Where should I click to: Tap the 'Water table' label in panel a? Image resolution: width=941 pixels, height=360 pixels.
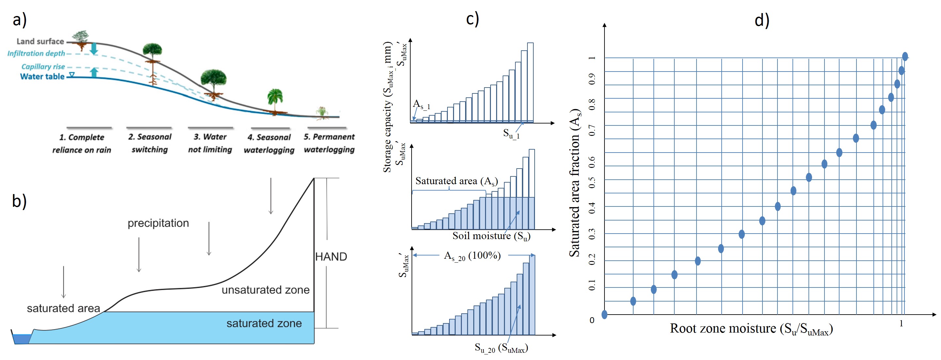coord(42,76)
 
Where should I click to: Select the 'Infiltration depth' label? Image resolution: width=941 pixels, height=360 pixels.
coord(36,53)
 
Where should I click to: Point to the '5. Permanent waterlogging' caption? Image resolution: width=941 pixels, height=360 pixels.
coord(329,143)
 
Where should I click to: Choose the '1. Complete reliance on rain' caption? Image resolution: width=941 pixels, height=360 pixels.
coord(82,143)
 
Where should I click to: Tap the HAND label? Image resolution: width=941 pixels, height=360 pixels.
coord(331,256)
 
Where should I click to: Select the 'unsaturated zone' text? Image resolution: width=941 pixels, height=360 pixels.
coord(265,290)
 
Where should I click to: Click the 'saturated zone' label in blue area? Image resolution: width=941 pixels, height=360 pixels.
coord(264,323)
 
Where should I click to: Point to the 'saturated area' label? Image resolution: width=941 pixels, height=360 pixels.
coord(63,308)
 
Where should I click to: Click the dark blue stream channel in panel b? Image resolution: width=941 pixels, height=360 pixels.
coord(21,339)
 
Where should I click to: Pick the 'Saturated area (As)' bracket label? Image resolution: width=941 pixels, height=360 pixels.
coord(456,181)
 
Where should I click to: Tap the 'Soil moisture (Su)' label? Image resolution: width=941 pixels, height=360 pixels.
coord(491,236)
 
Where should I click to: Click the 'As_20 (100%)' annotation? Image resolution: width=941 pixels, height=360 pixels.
coord(472,256)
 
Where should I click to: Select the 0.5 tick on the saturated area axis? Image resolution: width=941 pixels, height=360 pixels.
coord(592,182)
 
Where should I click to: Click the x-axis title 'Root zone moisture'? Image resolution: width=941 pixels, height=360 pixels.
coord(751,329)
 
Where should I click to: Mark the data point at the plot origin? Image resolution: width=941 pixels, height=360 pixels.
coord(604,314)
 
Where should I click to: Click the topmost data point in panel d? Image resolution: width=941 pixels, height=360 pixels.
coord(905,56)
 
